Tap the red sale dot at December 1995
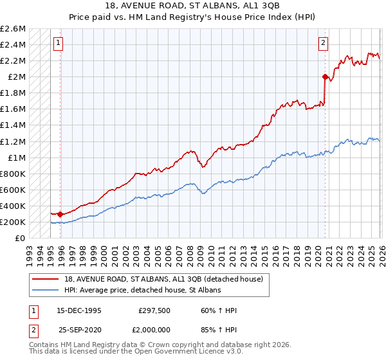pos(60,214)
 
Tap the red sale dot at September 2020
pos(325,76)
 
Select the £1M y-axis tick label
pos(16,157)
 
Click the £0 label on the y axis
pos(21,238)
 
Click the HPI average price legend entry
pos(141,291)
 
